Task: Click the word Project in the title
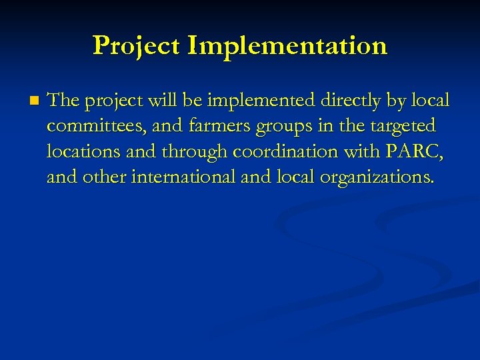[137, 45]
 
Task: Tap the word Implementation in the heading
[287, 45]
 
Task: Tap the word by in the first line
[395, 101]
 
